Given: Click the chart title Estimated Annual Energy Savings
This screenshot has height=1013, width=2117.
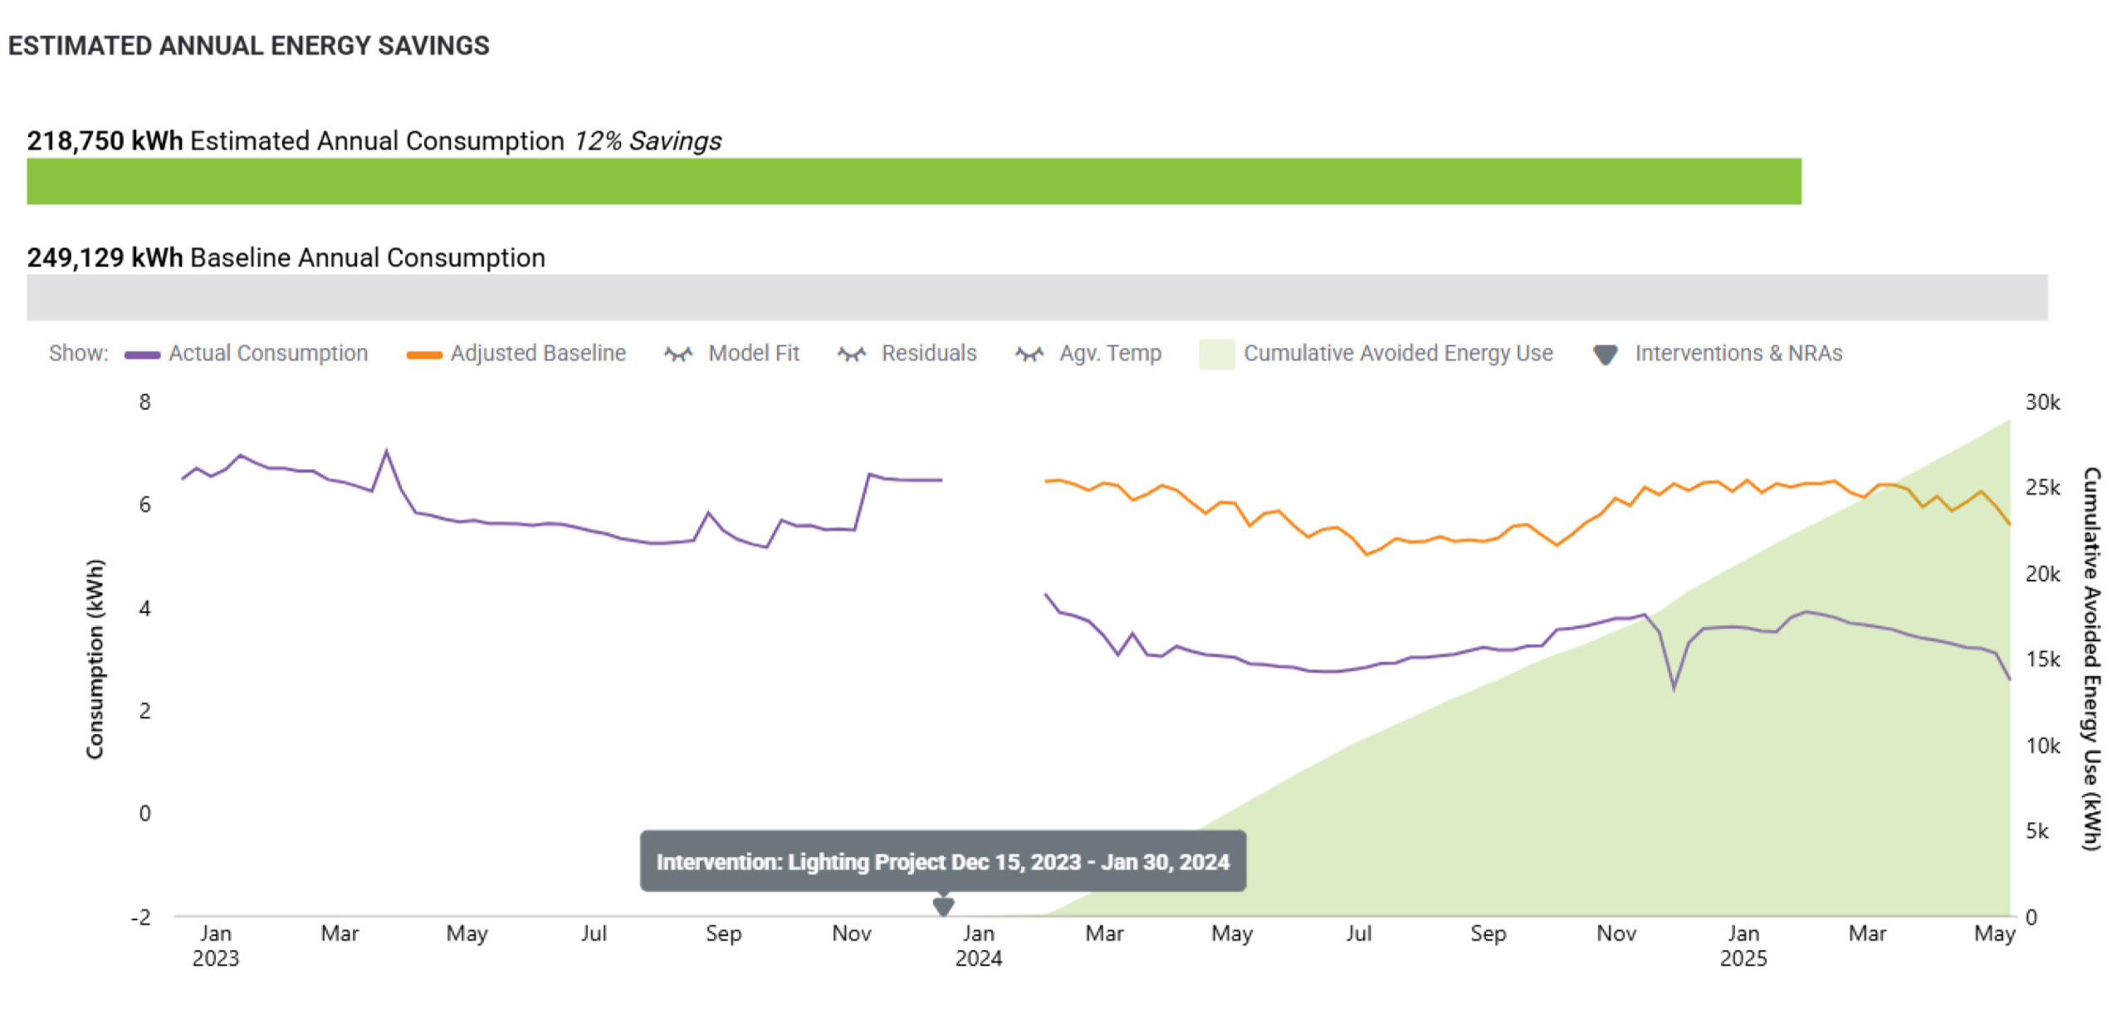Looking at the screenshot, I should [x=248, y=46].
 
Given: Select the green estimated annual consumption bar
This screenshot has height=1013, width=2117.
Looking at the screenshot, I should [x=913, y=181].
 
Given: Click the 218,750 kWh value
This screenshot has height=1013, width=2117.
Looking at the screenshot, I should [x=105, y=141].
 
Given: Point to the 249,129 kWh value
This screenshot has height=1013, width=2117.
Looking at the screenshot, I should [x=105, y=257].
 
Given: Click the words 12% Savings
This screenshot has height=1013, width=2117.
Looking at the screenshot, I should [x=648, y=141].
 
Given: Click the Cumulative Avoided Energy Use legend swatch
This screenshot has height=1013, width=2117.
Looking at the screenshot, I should [x=1216, y=355].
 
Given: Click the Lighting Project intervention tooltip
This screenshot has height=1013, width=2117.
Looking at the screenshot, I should [x=942, y=862].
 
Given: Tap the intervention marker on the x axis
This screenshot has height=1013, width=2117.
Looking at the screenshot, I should [x=943, y=905].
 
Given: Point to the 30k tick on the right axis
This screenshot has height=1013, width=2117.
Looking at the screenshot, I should [x=2042, y=403].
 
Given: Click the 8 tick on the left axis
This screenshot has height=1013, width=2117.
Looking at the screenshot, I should [x=145, y=403].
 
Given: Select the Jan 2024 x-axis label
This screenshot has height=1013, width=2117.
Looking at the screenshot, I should [x=979, y=946].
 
